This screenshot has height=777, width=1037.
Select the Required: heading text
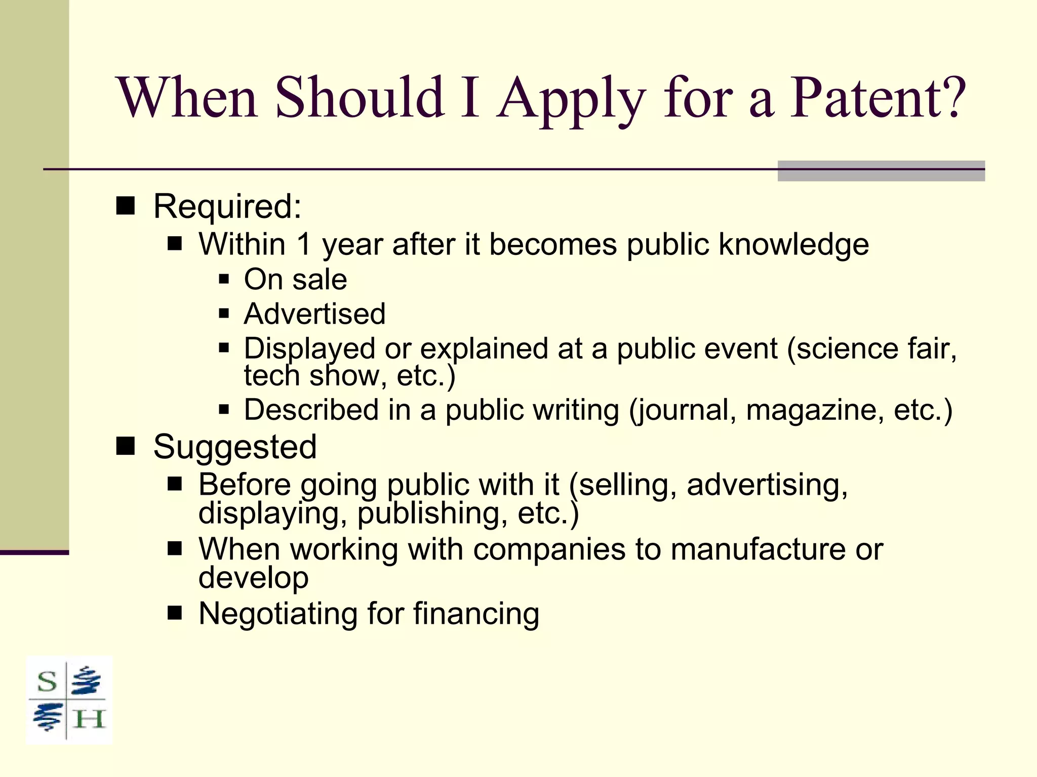(x=227, y=207)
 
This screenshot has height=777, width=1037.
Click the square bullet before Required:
(x=126, y=206)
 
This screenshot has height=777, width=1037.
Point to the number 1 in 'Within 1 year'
(x=303, y=244)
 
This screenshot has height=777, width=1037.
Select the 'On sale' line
(x=295, y=279)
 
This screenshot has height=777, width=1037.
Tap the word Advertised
(x=314, y=314)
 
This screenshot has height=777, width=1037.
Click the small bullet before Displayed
(x=224, y=348)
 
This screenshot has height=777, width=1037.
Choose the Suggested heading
(x=235, y=447)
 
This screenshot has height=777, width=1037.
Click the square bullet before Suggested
(x=126, y=446)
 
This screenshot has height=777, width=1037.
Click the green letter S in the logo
(x=47, y=682)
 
